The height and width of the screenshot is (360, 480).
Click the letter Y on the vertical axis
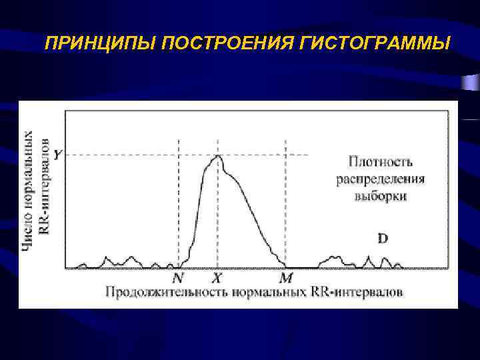(x=58, y=155)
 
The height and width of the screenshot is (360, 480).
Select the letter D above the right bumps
(x=383, y=238)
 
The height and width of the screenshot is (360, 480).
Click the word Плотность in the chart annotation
(x=381, y=161)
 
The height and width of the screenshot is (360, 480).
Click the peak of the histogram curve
(x=217, y=157)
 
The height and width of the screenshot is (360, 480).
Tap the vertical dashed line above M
(x=285, y=200)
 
